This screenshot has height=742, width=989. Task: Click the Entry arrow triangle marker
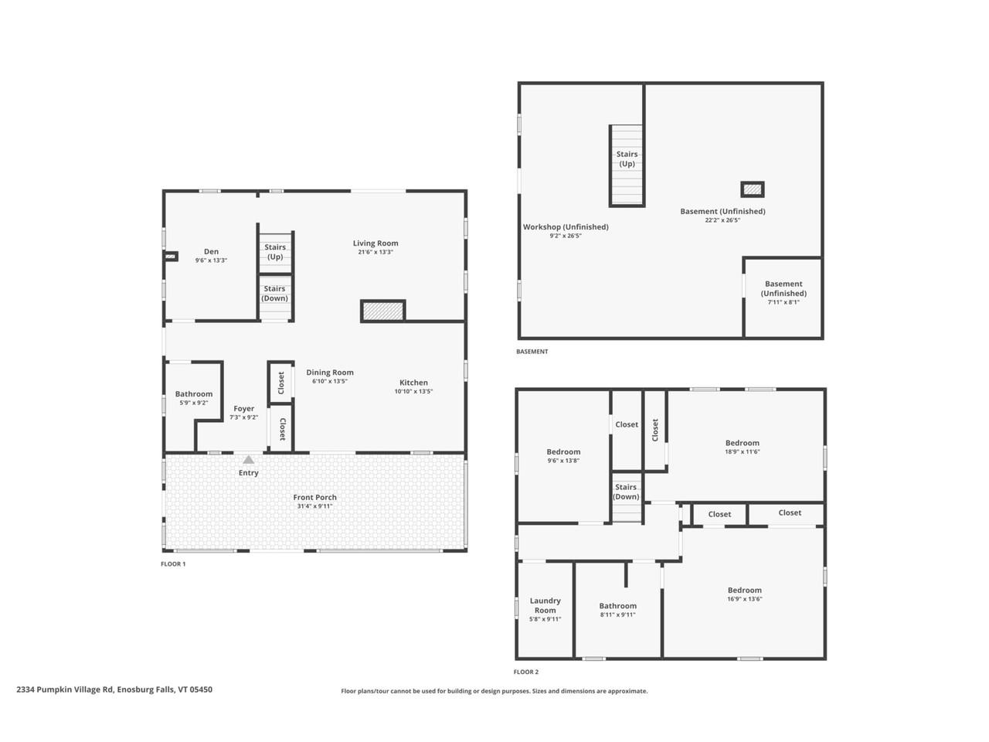pos(248,460)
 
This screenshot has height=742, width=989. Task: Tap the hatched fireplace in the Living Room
pos(383,311)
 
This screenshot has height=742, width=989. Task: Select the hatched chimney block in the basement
pos(752,189)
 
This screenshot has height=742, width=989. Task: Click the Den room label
pos(211,251)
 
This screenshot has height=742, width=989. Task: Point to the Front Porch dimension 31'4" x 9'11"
pos(314,506)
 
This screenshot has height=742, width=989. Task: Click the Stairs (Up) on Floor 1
pos(275,251)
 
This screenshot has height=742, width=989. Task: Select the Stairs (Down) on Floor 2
pos(626,492)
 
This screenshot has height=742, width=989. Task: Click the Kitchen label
pos(413,383)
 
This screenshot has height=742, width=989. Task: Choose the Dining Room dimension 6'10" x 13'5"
pos(330,381)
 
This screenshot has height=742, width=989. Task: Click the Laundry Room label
pos(545,605)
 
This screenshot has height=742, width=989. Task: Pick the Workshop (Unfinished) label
pos(566,226)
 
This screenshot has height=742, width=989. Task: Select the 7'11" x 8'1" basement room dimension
pos(783,302)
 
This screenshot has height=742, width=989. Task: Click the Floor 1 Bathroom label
pos(193,394)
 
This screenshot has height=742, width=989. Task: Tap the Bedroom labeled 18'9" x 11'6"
pos(742,443)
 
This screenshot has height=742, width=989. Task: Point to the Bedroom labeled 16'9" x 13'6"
pos(744,590)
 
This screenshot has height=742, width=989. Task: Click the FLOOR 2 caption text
pos(526,672)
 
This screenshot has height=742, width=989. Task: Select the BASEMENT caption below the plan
pos(532,352)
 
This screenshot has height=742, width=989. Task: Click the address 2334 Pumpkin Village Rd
pos(114,689)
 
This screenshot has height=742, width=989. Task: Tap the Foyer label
pos(243,409)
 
